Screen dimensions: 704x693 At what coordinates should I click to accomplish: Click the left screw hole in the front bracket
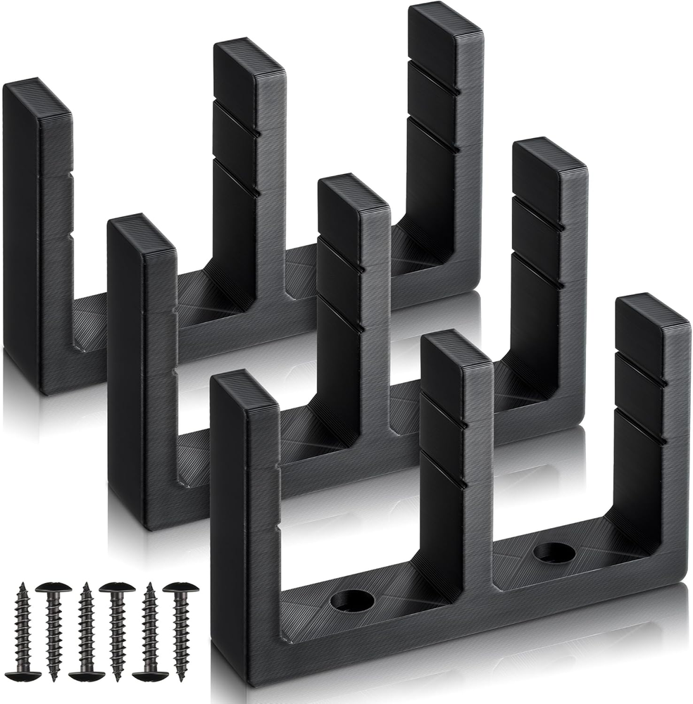[352, 601]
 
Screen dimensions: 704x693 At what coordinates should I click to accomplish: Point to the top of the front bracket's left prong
[244, 390]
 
